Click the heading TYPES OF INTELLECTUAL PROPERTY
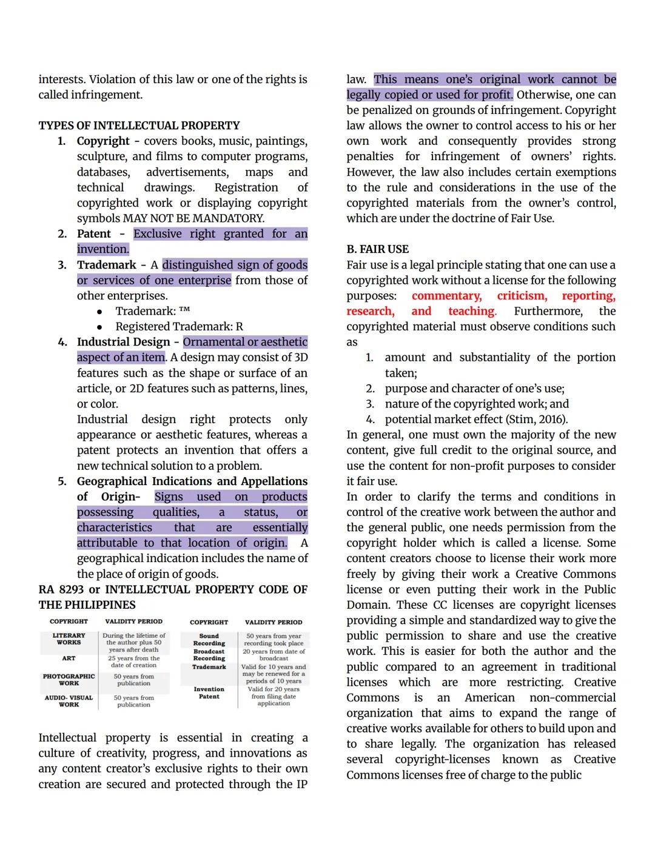click(139, 126)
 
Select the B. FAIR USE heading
click(377, 249)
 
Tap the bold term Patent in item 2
click(94, 234)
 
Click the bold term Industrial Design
click(123, 342)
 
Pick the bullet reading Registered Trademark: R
click(179, 327)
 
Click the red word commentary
click(446, 296)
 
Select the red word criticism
click(522, 296)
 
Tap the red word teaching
click(471, 312)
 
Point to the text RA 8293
click(61, 589)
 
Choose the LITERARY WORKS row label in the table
click(69, 639)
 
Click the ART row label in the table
click(69, 658)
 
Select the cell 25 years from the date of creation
click(133, 661)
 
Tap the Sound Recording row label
click(209, 640)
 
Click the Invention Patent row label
click(209, 693)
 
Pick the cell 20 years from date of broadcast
click(274, 655)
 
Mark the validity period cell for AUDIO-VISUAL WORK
click(133, 701)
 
